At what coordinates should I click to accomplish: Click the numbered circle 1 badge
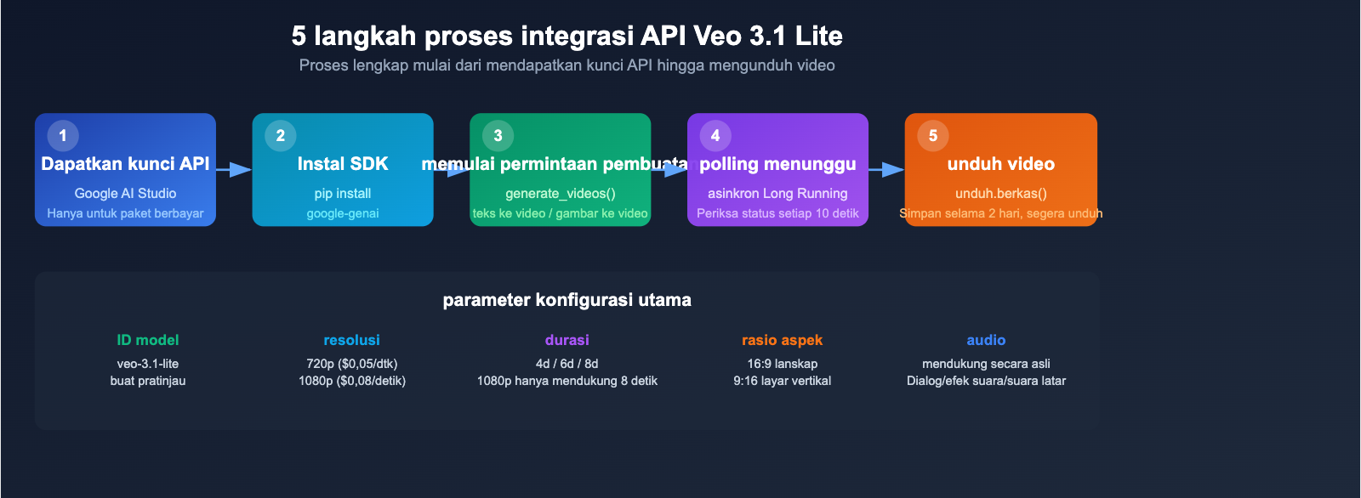click(x=63, y=136)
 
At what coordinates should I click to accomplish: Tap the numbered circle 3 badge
click(x=498, y=136)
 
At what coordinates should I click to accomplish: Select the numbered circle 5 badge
click(x=933, y=136)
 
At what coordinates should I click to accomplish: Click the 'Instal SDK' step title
click(x=343, y=164)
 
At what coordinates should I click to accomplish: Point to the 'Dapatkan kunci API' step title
click(x=125, y=164)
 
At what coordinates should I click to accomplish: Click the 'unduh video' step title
click(x=1000, y=164)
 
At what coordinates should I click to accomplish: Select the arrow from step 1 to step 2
click(x=234, y=170)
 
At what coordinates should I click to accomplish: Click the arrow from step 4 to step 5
click(x=886, y=170)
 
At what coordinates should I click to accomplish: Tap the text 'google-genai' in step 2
click(x=343, y=213)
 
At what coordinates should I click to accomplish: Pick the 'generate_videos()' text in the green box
click(x=561, y=194)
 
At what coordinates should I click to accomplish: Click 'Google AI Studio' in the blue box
click(x=125, y=194)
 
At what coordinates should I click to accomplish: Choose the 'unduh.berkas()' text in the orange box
click(x=1000, y=194)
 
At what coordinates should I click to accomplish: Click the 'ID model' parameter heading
click(x=148, y=340)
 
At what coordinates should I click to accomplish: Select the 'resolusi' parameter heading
click(x=351, y=340)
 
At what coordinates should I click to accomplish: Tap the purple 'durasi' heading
click(x=567, y=340)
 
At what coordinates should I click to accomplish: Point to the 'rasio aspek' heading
click(x=782, y=340)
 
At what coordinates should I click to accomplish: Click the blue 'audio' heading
click(x=986, y=340)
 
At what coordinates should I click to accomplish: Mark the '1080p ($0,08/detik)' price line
click(x=352, y=381)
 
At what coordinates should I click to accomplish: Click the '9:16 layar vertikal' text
click(x=782, y=381)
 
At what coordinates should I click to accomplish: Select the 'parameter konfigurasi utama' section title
click(x=567, y=300)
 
